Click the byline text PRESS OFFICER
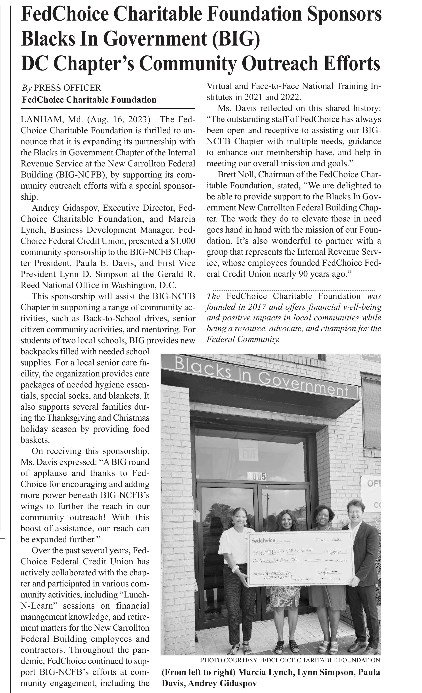pyautogui.click(x=67, y=88)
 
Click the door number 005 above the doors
pyautogui.click(x=257, y=476)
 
